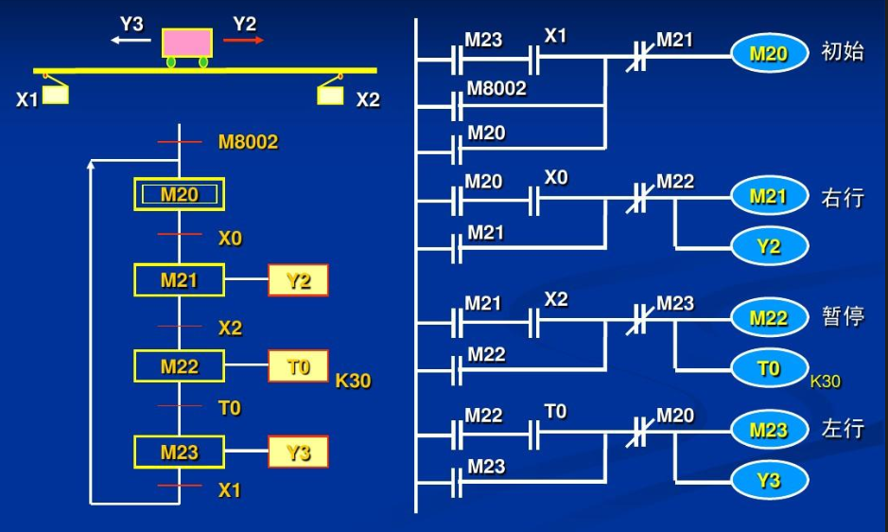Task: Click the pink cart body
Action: click(x=187, y=43)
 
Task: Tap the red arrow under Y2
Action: click(x=244, y=40)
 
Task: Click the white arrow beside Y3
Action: click(x=131, y=40)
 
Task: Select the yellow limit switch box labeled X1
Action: click(x=56, y=95)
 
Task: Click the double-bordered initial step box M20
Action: click(x=179, y=195)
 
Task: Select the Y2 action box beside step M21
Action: click(x=298, y=280)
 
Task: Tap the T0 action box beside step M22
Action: click(x=298, y=366)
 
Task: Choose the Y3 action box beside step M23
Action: click(x=298, y=452)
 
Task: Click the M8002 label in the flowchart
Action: click(x=248, y=142)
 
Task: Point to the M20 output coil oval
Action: click(x=769, y=54)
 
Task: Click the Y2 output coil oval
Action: click(x=769, y=247)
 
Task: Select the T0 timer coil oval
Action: click(x=769, y=368)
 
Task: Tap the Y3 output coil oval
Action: click(x=769, y=481)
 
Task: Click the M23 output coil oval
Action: click(x=769, y=430)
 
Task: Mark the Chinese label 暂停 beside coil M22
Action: click(x=843, y=316)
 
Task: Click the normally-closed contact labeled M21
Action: click(x=638, y=57)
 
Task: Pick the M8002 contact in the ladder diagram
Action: click(x=457, y=105)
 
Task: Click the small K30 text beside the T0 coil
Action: click(x=826, y=381)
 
